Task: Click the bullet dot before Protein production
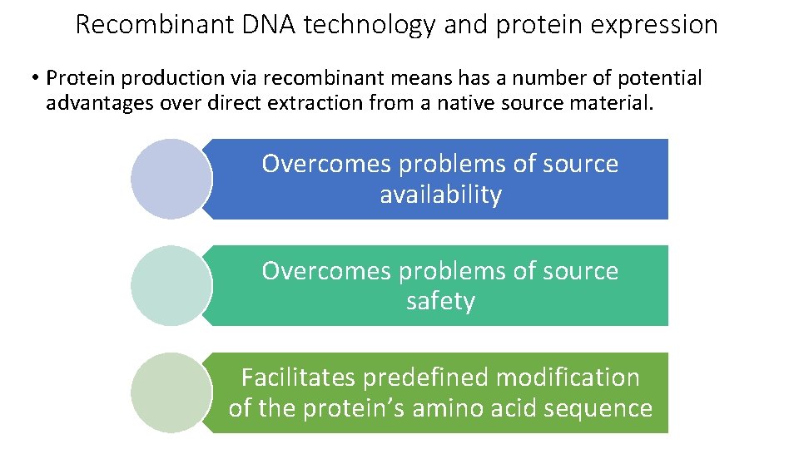point(36,79)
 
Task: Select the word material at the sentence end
point(600,103)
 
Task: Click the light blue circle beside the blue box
point(171,179)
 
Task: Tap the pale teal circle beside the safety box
point(171,285)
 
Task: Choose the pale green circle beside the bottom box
point(171,392)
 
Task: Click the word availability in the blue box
point(440,195)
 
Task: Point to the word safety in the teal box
point(440,301)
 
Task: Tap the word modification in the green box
point(568,377)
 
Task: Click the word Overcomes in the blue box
point(327,164)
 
